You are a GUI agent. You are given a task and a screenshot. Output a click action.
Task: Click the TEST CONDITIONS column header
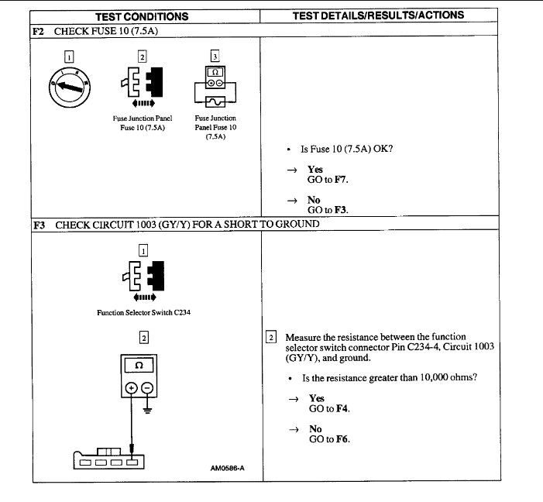[141, 15]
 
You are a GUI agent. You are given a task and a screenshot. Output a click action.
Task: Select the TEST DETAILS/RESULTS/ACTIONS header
[379, 15]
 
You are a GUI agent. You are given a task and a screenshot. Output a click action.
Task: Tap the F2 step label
[38, 29]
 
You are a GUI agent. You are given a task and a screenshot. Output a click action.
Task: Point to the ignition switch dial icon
[70, 87]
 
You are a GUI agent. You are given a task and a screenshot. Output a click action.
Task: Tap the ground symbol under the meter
[148, 411]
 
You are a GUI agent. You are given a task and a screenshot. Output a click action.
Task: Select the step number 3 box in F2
[215, 55]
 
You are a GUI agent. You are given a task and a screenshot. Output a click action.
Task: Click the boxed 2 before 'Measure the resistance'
[271, 337]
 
